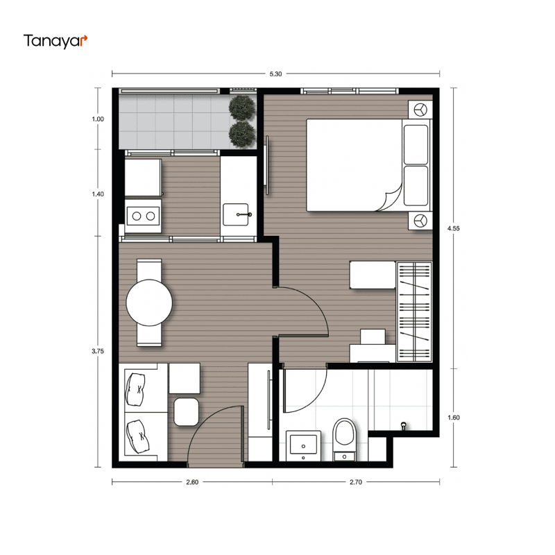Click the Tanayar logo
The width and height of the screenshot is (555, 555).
[55, 41]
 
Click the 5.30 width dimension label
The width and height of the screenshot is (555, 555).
[275, 74]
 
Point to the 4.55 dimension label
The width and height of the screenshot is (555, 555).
[454, 229]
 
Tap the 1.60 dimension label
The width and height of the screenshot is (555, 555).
[454, 418]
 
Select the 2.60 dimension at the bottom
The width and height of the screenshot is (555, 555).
[192, 482]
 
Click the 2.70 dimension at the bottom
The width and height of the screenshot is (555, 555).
[356, 482]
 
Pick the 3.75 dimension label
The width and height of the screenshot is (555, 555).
[98, 352]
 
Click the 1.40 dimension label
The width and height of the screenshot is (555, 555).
[98, 194]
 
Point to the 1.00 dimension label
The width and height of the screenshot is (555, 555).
[98, 119]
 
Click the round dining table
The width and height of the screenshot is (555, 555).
[149, 302]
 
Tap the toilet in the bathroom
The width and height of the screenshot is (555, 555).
[345, 440]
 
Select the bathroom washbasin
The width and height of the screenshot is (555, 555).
[303, 445]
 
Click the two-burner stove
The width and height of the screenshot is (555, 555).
[143, 216]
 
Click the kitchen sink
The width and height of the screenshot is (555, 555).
[236, 214]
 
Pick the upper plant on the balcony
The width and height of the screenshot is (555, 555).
[242, 108]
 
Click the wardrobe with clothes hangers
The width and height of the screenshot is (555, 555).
[414, 311]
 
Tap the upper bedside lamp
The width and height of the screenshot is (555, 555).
[420, 110]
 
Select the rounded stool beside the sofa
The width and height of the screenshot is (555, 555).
[186, 412]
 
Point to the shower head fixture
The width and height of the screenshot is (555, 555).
[403, 425]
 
